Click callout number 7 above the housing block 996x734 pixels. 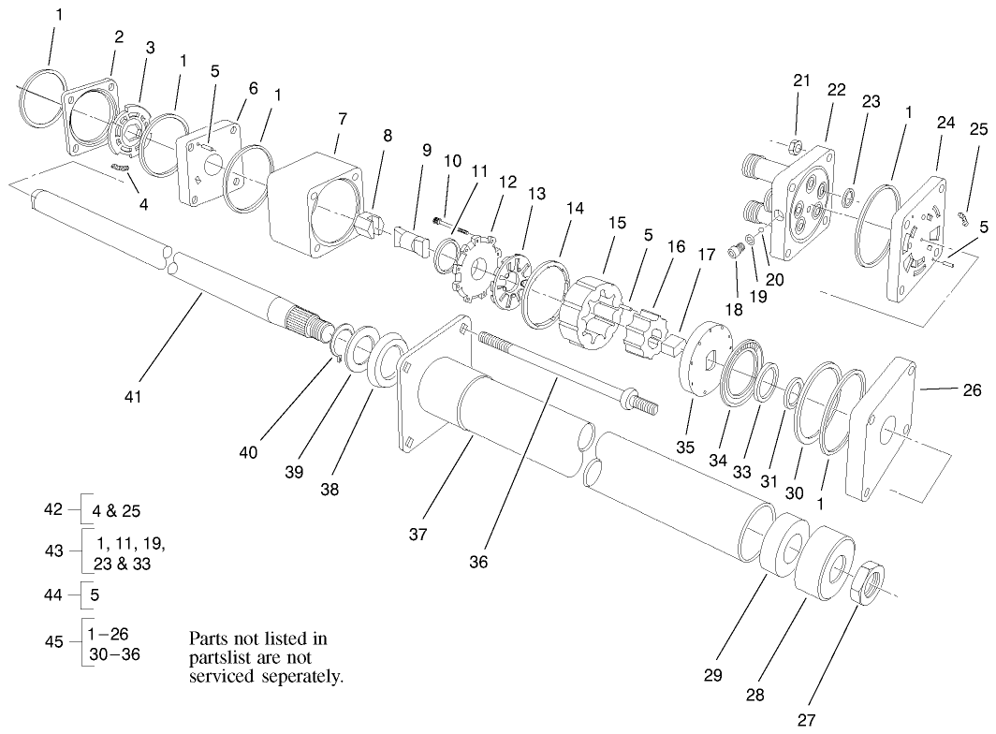click(x=343, y=119)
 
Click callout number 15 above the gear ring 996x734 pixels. click(x=616, y=225)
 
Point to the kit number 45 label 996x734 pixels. click(x=54, y=641)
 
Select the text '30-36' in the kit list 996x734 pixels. click(x=118, y=653)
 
